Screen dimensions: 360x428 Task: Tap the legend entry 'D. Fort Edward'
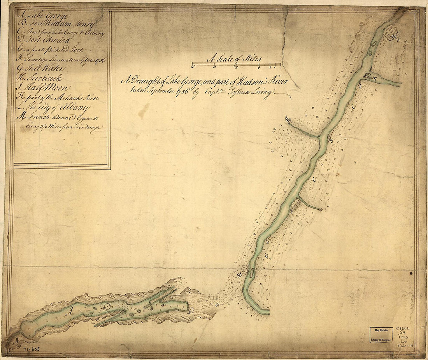pyautogui.click(x=43, y=40)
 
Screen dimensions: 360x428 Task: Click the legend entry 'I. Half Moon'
pyautogui.click(x=43, y=88)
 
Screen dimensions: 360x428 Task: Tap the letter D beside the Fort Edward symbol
pyautogui.click(x=240, y=275)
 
